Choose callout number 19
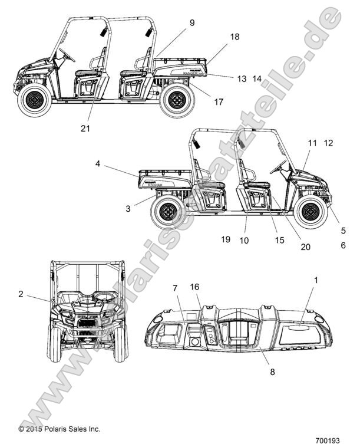coord(225,239)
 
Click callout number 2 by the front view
coord(21,293)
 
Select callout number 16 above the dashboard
coord(195,287)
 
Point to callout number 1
coord(315,281)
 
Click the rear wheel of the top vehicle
coord(176,101)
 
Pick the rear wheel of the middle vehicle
coord(168,211)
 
